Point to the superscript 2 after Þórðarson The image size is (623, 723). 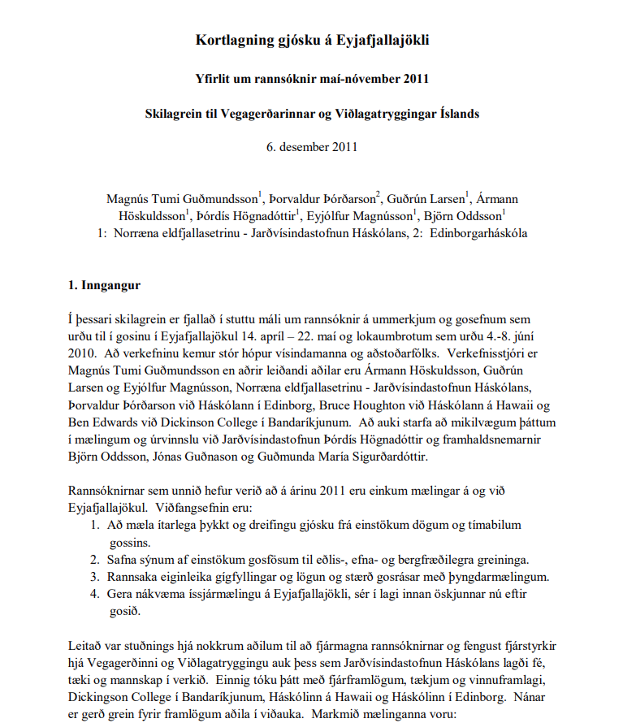click(379, 195)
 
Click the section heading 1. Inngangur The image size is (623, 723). click(104, 286)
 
